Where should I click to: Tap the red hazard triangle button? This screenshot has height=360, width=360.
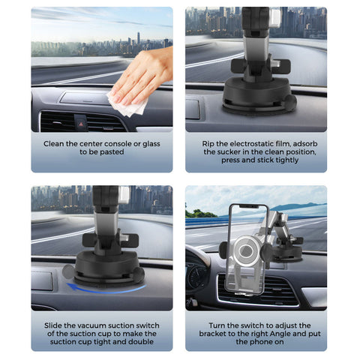(x=81, y=124)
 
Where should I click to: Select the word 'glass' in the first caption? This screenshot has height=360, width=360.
(x=151, y=144)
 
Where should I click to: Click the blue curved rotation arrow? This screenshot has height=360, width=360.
(x=106, y=289)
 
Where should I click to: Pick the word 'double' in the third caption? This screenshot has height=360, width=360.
(x=141, y=342)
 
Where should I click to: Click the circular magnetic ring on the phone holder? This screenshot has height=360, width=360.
(x=247, y=250)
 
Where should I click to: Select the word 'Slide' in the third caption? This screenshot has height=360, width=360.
(x=53, y=325)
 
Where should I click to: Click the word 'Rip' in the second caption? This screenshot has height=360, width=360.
(x=208, y=144)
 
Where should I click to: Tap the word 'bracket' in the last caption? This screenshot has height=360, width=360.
(x=212, y=334)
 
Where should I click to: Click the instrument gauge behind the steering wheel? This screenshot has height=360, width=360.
(x=196, y=275)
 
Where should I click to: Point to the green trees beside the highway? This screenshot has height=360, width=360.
(x=200, y=213)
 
